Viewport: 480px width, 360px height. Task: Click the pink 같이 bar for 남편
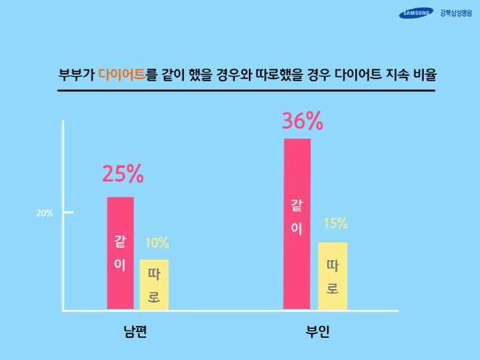120,253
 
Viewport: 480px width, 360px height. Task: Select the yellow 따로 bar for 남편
154,285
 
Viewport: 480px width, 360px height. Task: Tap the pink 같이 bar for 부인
297,223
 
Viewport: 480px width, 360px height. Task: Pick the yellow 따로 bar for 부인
332,276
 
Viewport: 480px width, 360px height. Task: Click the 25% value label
123,174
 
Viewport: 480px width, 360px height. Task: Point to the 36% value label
303,121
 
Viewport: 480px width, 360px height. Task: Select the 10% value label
157,243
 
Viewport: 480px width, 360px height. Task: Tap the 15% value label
335,224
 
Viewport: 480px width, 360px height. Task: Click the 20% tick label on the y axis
44,214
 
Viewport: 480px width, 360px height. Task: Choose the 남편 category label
135,331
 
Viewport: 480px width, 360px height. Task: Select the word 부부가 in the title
76,75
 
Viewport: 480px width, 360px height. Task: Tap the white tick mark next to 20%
68,213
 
